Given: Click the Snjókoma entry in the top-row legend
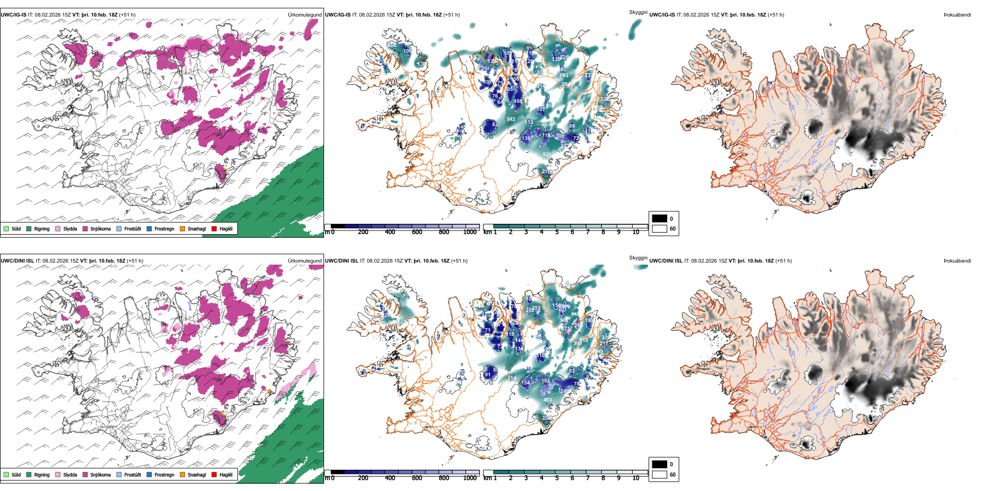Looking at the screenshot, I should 100,228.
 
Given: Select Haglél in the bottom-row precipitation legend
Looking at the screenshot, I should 226,474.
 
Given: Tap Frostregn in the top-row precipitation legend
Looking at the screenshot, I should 164,228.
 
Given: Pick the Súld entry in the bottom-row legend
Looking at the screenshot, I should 16,474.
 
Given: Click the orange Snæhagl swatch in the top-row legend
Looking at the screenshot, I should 182,228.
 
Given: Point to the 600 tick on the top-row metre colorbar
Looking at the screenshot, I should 417,232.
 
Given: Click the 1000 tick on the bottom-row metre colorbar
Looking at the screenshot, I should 470,478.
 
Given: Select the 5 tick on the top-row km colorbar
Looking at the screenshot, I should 557,232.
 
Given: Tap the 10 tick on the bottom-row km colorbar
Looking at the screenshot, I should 636,478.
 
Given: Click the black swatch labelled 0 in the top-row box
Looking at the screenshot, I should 659,219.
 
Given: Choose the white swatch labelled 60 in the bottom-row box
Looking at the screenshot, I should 659,474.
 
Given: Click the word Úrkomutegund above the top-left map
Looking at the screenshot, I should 304,15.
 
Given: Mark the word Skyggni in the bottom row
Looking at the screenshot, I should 638,257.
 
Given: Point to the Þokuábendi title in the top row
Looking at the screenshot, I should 957,15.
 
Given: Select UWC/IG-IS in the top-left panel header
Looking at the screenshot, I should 13,15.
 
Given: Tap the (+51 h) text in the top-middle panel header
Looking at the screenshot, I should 451,15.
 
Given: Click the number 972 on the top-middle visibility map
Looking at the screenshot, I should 511,119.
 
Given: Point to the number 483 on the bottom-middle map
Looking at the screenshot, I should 547,400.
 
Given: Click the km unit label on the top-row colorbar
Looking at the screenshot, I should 487,232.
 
